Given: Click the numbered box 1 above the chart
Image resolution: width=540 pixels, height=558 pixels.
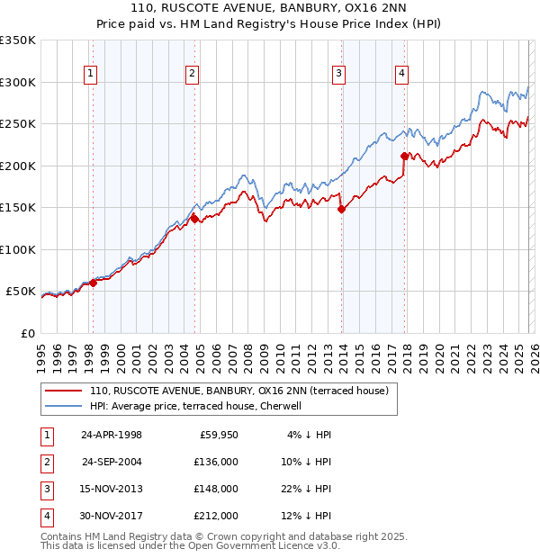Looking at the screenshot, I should coord(92,75).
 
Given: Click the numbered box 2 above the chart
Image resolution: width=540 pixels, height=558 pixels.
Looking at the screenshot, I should coord(193,75).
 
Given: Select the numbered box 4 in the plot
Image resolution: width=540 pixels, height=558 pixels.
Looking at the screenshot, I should coord(401,75).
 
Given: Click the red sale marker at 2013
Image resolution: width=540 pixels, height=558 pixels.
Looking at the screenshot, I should coord(341,210).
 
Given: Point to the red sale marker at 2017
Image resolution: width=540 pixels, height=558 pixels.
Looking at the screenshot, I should coord(405,156).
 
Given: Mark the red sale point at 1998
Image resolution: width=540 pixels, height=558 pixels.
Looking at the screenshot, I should coord(93,283).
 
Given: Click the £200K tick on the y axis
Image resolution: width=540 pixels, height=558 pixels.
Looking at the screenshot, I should coord(18,166).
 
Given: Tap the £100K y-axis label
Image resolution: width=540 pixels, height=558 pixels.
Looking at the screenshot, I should coord(18,249).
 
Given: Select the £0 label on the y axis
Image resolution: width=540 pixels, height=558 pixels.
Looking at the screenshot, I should coord(28,333).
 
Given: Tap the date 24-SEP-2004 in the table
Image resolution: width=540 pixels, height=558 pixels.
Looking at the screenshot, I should coord(112,462).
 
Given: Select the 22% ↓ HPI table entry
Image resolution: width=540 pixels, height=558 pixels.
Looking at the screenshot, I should coord(307,489).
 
